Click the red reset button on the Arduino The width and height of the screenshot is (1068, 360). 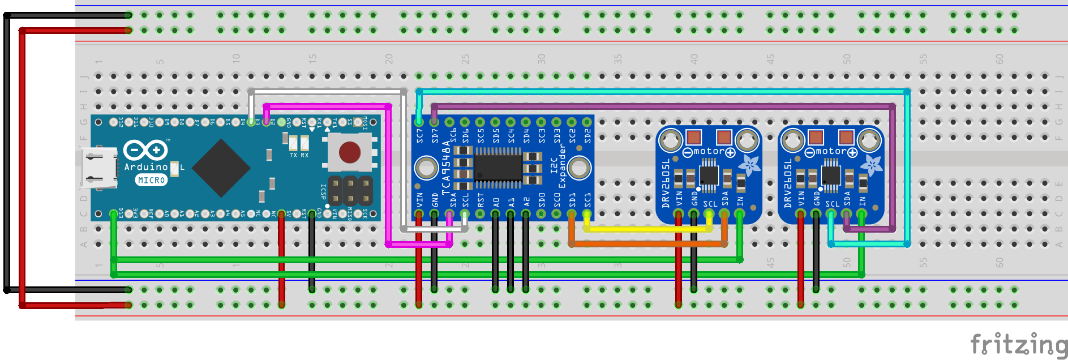tap(349, 152)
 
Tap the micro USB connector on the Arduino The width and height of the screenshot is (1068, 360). tap(99, 167)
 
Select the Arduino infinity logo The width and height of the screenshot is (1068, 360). tap(145, 150)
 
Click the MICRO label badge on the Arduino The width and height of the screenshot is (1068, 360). tap(151, 180)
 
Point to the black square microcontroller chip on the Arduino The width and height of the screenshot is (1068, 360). tap(221, 168)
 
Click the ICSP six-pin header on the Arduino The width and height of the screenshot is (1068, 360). tap(350, 191)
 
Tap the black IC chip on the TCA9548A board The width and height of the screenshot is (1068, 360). tap(498, 168)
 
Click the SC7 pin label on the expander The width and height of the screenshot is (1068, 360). tap(419, 135)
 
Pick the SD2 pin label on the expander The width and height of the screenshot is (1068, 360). tap(587, 135)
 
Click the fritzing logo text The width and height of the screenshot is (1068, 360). tap(1018, 344)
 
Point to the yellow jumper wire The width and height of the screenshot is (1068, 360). tap(648, 229)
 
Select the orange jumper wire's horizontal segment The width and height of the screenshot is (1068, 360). tap(648, 244)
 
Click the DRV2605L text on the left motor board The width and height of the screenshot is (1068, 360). tap(666, 183)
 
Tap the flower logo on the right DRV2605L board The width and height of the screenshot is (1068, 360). tap(871, 165)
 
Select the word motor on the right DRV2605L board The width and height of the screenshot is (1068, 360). tap(831, 151)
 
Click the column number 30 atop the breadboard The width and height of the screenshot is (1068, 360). tap(541, 59)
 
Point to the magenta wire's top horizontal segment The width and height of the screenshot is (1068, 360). tap(327, 106)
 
